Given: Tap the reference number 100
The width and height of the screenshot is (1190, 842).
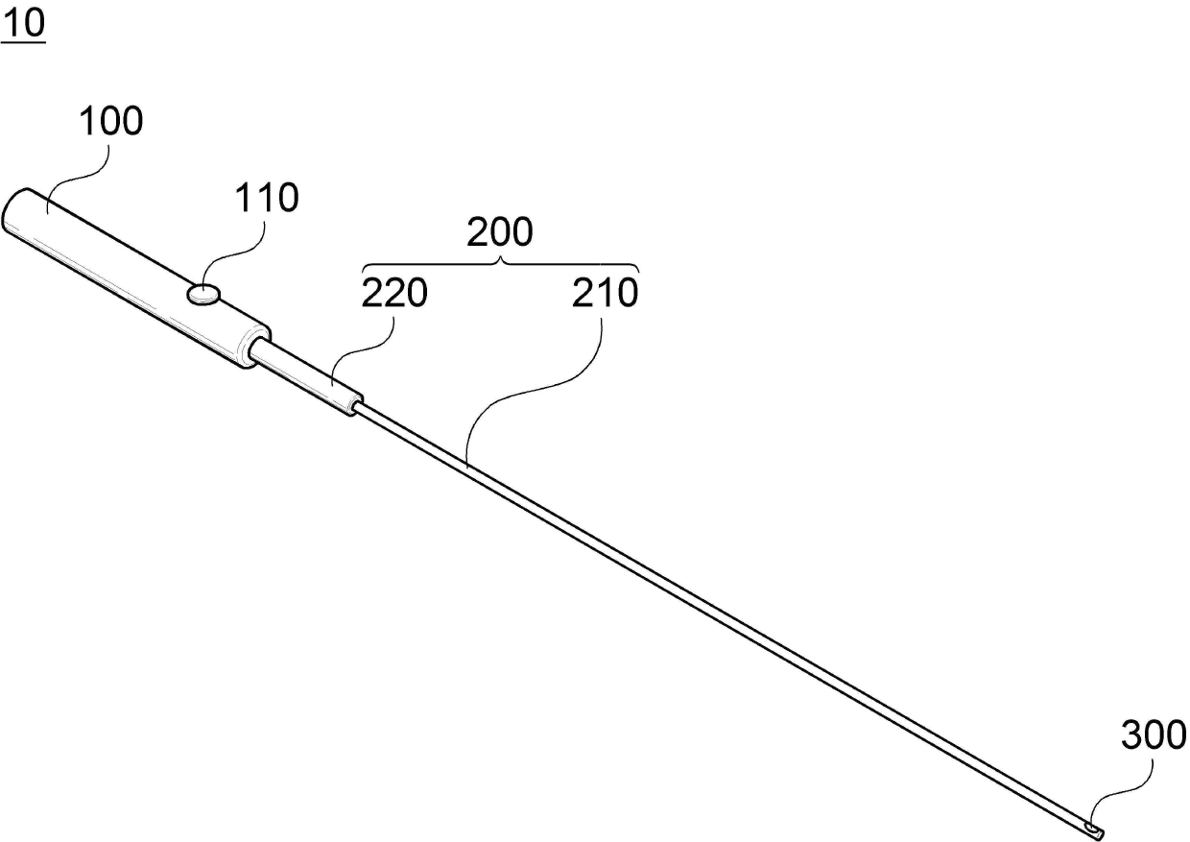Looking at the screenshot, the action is pos(110,122).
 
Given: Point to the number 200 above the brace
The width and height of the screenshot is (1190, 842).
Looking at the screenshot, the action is pos(499,233).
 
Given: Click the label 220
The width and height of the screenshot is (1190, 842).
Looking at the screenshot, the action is pos(394,294).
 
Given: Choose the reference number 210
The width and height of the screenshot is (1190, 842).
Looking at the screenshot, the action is pos(605,294).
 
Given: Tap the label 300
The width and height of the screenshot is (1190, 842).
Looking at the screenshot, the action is pos(1154,736).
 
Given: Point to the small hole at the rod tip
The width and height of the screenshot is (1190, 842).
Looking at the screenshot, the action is pos(1092,826).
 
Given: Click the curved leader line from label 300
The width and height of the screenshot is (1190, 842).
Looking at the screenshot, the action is pos(1123,782).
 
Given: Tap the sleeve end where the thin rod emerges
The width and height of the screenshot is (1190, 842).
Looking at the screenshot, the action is pos(357,404).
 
